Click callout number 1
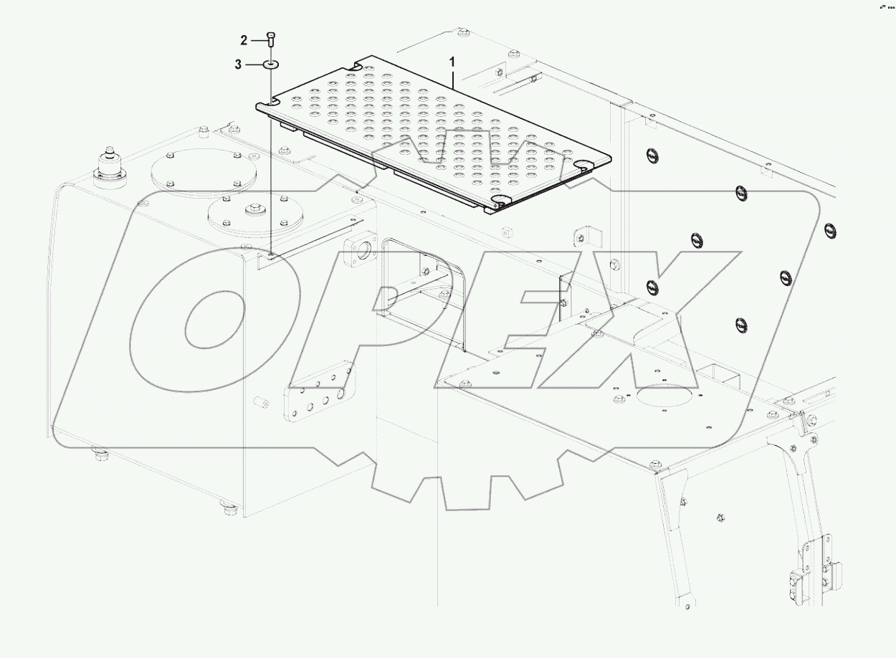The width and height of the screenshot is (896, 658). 452,62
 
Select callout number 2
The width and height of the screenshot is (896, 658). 244,39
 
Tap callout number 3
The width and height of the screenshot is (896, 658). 238,65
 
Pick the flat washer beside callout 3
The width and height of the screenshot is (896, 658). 271,65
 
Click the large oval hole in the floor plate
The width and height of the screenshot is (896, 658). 666,395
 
